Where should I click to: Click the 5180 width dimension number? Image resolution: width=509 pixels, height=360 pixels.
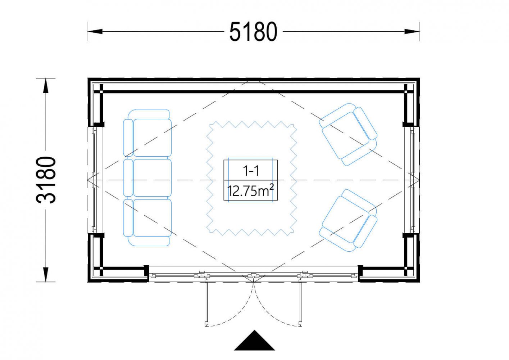[253, 32]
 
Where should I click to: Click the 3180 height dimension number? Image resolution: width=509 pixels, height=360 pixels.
[46, 180]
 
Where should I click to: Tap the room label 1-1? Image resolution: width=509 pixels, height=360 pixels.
[251, 171]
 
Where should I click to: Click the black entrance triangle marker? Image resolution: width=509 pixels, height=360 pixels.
[255, 344]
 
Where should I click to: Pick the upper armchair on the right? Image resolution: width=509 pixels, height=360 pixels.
[348, 134]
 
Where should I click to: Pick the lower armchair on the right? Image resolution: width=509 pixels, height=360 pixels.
[348, 220]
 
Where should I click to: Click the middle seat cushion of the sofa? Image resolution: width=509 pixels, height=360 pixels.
[152, 177]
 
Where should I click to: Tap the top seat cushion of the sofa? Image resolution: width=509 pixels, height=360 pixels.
[152, 138]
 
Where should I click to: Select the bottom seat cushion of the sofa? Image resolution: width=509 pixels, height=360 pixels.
[152, 218]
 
